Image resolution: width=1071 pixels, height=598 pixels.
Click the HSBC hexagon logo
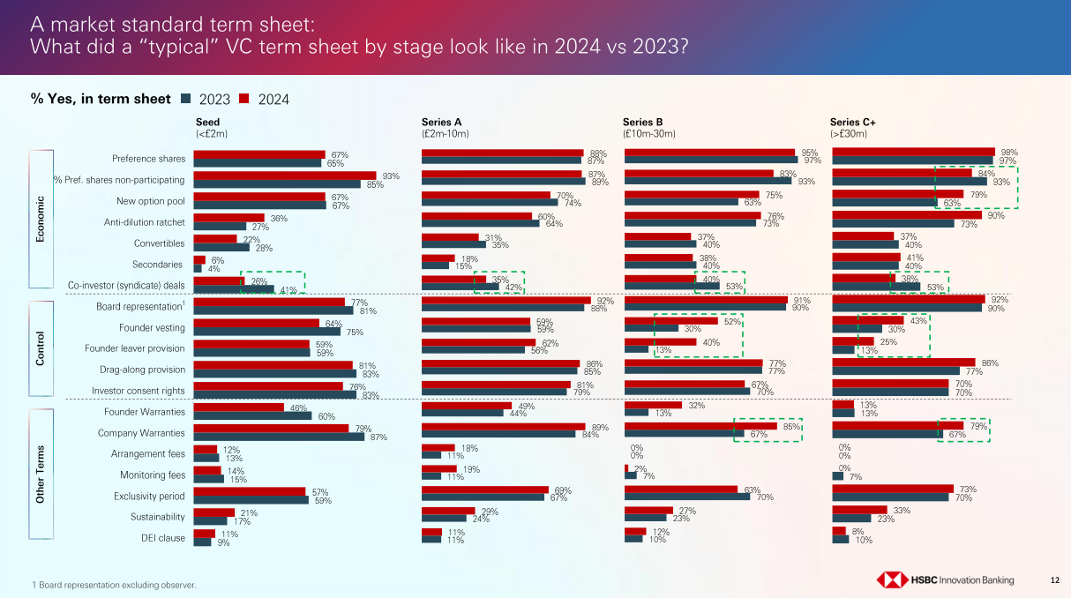[x=892, y=579]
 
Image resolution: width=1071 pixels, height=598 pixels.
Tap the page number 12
[x=1055, y=579]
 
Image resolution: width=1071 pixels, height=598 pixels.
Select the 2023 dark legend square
[x=185, y=99]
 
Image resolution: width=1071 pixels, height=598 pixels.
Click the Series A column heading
[x=442, y=122]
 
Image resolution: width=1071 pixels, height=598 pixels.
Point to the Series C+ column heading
[x=849, y=122]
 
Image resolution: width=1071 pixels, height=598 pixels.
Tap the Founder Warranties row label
[x=145, y=412]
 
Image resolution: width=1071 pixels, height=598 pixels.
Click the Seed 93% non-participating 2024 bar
[x=285, y=176]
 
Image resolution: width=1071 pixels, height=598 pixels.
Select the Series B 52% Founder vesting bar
[x=683, y=321]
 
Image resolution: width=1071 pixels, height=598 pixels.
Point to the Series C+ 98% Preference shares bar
[x=913, y=153]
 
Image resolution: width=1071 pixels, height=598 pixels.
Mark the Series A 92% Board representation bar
[x=506, y=300]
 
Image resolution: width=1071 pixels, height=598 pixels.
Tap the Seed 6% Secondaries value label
[x=217, y=260]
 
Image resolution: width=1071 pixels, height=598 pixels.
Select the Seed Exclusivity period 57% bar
[x=250, y=491]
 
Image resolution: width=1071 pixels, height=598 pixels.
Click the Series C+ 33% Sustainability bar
[x=859, y=510]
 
